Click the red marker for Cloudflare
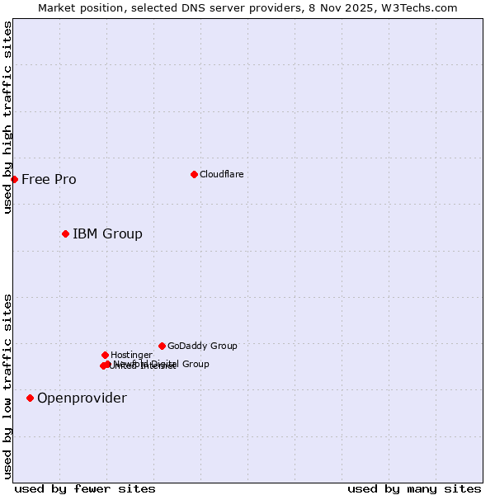click(194, 174)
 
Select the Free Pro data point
click(14, 179)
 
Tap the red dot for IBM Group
click(65, 233)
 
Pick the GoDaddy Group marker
click(162, 346)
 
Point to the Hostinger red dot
click(105, 355)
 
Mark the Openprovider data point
click(30, 398)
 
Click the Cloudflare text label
click(221, 174)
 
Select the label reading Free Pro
click(49, 180)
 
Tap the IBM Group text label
click(107, 234)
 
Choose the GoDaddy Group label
click(202, 346)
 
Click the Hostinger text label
click(131, 356)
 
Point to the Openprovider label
click(82, 398)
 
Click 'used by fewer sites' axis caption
click(85, 488)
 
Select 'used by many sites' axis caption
click(413, 488)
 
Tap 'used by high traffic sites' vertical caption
click(7, 117)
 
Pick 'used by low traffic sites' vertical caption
click(7, 386)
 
